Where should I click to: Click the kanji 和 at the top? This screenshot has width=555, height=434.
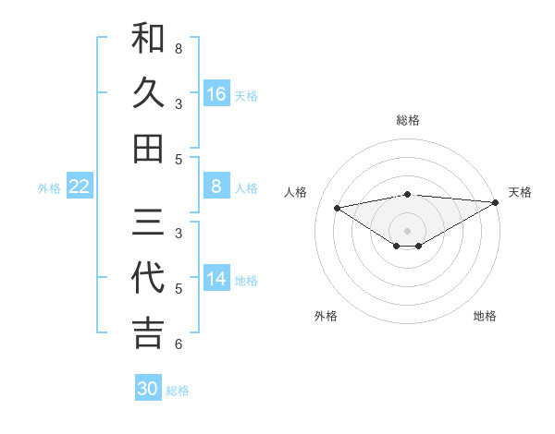(148, 40)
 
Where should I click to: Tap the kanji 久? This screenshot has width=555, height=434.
(148, 93)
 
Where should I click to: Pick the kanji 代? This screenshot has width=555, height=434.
(148, 278)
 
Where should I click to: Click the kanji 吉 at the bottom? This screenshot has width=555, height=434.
(148, 332)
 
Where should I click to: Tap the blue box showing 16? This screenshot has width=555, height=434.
(216, 94)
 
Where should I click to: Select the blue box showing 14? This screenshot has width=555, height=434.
(216, 280)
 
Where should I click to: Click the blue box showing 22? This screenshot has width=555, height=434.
(80, 187)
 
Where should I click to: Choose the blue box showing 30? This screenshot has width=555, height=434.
(148, 389)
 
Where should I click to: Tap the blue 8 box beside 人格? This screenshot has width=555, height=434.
(216, 187)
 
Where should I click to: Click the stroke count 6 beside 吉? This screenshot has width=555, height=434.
(179, 344)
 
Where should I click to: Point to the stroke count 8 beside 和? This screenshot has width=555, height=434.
(179, 48)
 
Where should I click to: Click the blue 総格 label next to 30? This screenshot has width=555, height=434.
(179, 391)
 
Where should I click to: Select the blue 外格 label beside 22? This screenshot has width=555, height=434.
(49, 188)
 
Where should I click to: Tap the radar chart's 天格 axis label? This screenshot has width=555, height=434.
(520, 192)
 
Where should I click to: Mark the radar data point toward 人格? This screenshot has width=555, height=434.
(337, 207)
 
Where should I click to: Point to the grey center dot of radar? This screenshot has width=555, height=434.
(407, 230)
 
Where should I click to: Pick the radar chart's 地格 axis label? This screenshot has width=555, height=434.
(485, 316)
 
